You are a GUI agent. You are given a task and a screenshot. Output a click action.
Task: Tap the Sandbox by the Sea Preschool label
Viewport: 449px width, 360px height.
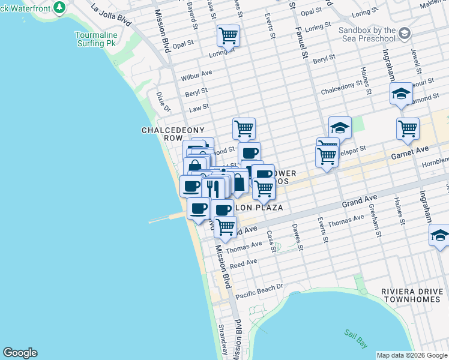(x=367, y=34)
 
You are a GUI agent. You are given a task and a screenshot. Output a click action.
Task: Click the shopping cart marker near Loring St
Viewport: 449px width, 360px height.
(x=228, y=36)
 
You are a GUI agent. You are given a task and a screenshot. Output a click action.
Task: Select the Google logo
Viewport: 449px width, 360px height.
(x=20, y=353)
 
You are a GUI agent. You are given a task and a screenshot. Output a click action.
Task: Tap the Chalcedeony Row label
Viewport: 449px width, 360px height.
(x=173, y=134)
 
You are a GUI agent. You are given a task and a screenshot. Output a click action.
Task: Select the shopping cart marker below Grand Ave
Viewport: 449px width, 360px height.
(x=225, y=227)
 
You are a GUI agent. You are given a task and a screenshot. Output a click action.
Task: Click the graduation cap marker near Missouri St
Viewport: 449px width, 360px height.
(x=401, y=94)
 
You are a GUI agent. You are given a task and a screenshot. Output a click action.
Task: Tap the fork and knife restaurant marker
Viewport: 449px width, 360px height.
(x=213, y=188)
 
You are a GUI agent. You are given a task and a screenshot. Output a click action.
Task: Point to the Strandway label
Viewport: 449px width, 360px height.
(x=221, y=339)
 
